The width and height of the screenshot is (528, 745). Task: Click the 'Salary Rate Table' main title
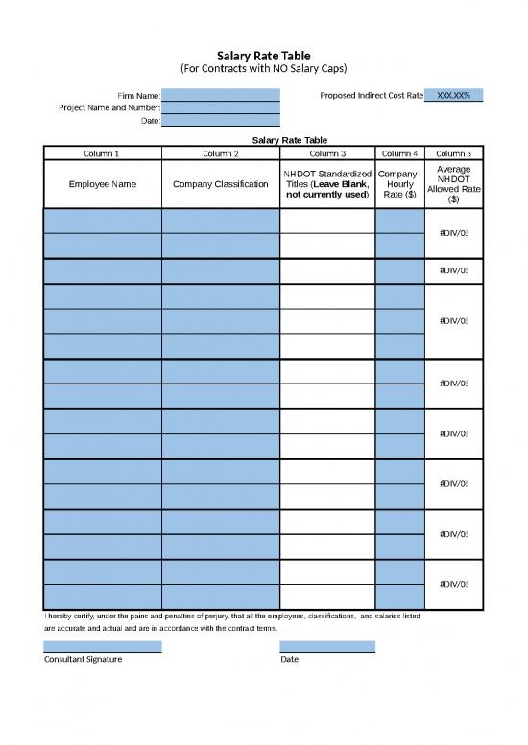264,57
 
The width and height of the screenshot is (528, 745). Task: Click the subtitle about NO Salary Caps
264,70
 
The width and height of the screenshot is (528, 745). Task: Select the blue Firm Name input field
221,96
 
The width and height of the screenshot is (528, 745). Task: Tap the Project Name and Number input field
221,108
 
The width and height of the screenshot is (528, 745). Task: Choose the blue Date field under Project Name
221,121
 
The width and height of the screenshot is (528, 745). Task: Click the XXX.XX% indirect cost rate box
453,96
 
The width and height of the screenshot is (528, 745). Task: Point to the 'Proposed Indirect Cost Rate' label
371,96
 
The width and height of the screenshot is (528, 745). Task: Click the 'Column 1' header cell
102,153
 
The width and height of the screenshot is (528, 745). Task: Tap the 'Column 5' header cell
453,153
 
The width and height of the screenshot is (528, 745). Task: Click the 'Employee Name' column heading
102,184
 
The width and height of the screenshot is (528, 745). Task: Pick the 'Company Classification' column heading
221,184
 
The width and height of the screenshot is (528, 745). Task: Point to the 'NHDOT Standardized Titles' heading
327,184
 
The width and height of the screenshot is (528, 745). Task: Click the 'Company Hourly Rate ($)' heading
398,184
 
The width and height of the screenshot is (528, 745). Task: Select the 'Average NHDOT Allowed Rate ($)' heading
453,184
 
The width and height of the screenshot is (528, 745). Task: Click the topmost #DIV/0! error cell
453,234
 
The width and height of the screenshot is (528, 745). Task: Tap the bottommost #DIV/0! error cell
453,584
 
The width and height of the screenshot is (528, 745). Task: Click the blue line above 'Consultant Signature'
102,647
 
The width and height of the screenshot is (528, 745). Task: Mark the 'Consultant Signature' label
84,660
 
